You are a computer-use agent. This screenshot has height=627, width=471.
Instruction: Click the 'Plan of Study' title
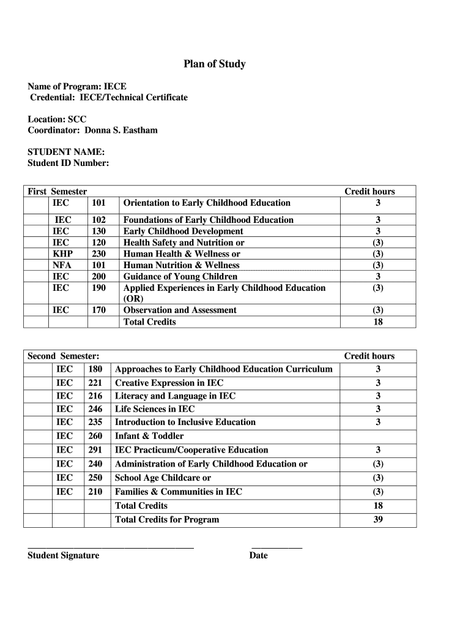(215, 64)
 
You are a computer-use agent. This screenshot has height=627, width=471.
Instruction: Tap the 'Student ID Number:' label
(69, 163)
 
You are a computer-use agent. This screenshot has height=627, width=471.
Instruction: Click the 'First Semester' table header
(57, 192)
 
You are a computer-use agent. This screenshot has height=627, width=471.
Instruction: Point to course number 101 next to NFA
(98, 265)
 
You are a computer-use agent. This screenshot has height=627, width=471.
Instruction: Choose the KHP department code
(62, 253)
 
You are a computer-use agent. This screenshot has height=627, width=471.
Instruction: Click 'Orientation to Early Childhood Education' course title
(207, 203)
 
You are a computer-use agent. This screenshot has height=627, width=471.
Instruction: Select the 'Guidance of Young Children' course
(180, 276)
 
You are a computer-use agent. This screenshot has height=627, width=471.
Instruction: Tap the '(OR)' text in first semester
(133, 299)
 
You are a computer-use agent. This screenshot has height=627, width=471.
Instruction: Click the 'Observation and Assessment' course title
(180, 310)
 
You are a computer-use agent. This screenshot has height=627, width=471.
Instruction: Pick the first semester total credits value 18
(378, 321)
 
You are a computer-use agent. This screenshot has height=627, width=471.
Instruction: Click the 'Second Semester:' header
(64, 356)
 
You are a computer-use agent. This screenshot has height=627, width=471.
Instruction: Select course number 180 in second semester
(95, 369)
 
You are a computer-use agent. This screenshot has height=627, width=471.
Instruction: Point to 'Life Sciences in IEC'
(155, 409)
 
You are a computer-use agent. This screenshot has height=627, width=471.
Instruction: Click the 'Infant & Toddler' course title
(149, 436)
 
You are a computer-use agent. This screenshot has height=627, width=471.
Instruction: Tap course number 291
(95, 450)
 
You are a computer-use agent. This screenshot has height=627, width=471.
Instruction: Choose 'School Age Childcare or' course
(163, 478)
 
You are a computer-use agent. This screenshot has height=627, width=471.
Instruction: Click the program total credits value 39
(378, 520)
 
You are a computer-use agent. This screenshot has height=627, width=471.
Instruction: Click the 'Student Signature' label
(63, 555)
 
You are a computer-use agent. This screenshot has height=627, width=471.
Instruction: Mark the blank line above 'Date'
(276, 547)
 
